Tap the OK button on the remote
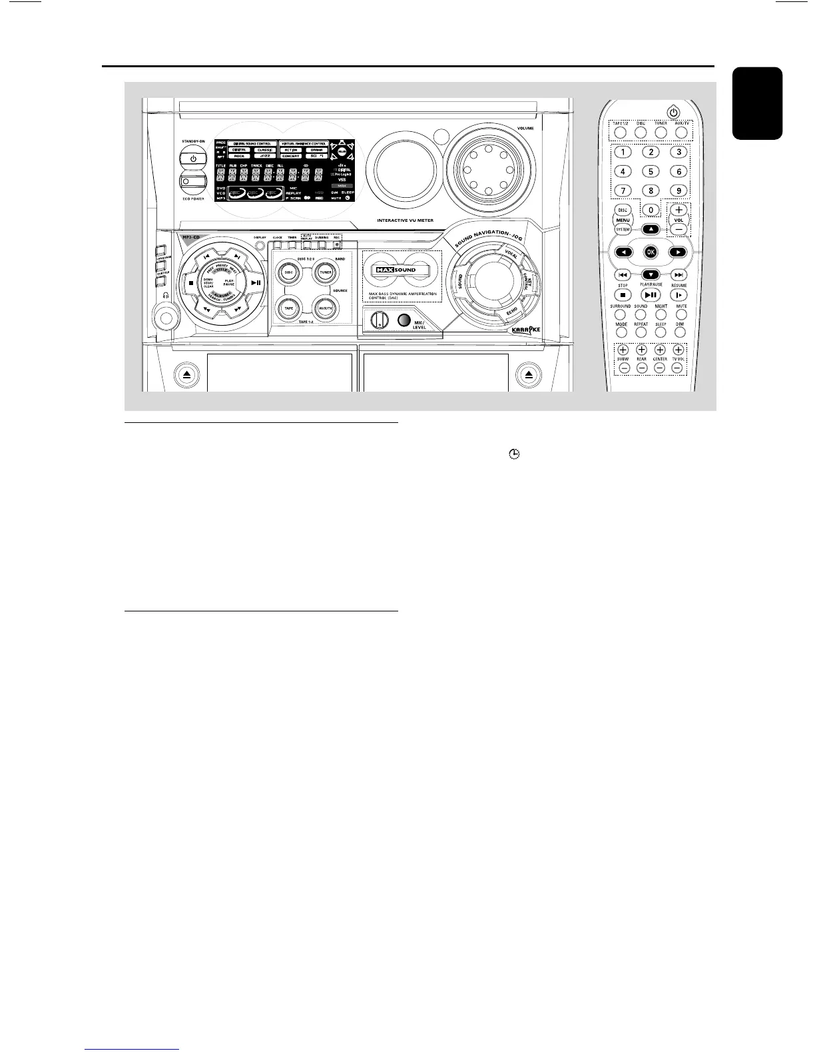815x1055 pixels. [651, 252]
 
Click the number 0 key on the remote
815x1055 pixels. [651, 210]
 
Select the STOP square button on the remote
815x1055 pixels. [623, 294]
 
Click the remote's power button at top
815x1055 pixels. [674, 112]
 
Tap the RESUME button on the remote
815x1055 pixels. [679, 294]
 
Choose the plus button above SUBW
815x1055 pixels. [623, 349]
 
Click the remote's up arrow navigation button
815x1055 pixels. [651, 229]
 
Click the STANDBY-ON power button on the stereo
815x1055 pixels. [192, 159]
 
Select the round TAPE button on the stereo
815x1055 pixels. [288, 308]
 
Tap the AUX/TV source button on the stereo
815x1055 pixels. [326, 308]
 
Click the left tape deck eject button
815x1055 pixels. [187, 375]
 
